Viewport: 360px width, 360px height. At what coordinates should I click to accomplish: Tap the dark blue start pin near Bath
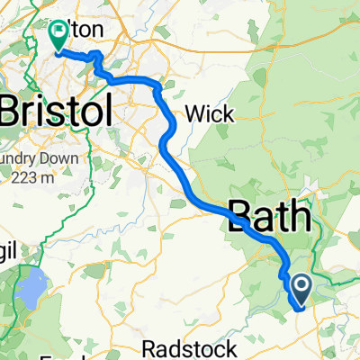[x=300, y=288]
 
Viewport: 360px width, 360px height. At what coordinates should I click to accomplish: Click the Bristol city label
[x=57, y=112]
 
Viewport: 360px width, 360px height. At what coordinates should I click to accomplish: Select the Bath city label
[x=272, y=216]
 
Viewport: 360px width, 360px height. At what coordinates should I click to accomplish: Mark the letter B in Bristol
[x=13, y=112]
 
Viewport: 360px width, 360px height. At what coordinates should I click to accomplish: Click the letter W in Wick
[x=193, y=114]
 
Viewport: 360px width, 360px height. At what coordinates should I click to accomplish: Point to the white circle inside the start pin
[x=300, y=285]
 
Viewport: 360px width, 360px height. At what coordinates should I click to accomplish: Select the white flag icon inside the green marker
[x=59, y=31]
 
